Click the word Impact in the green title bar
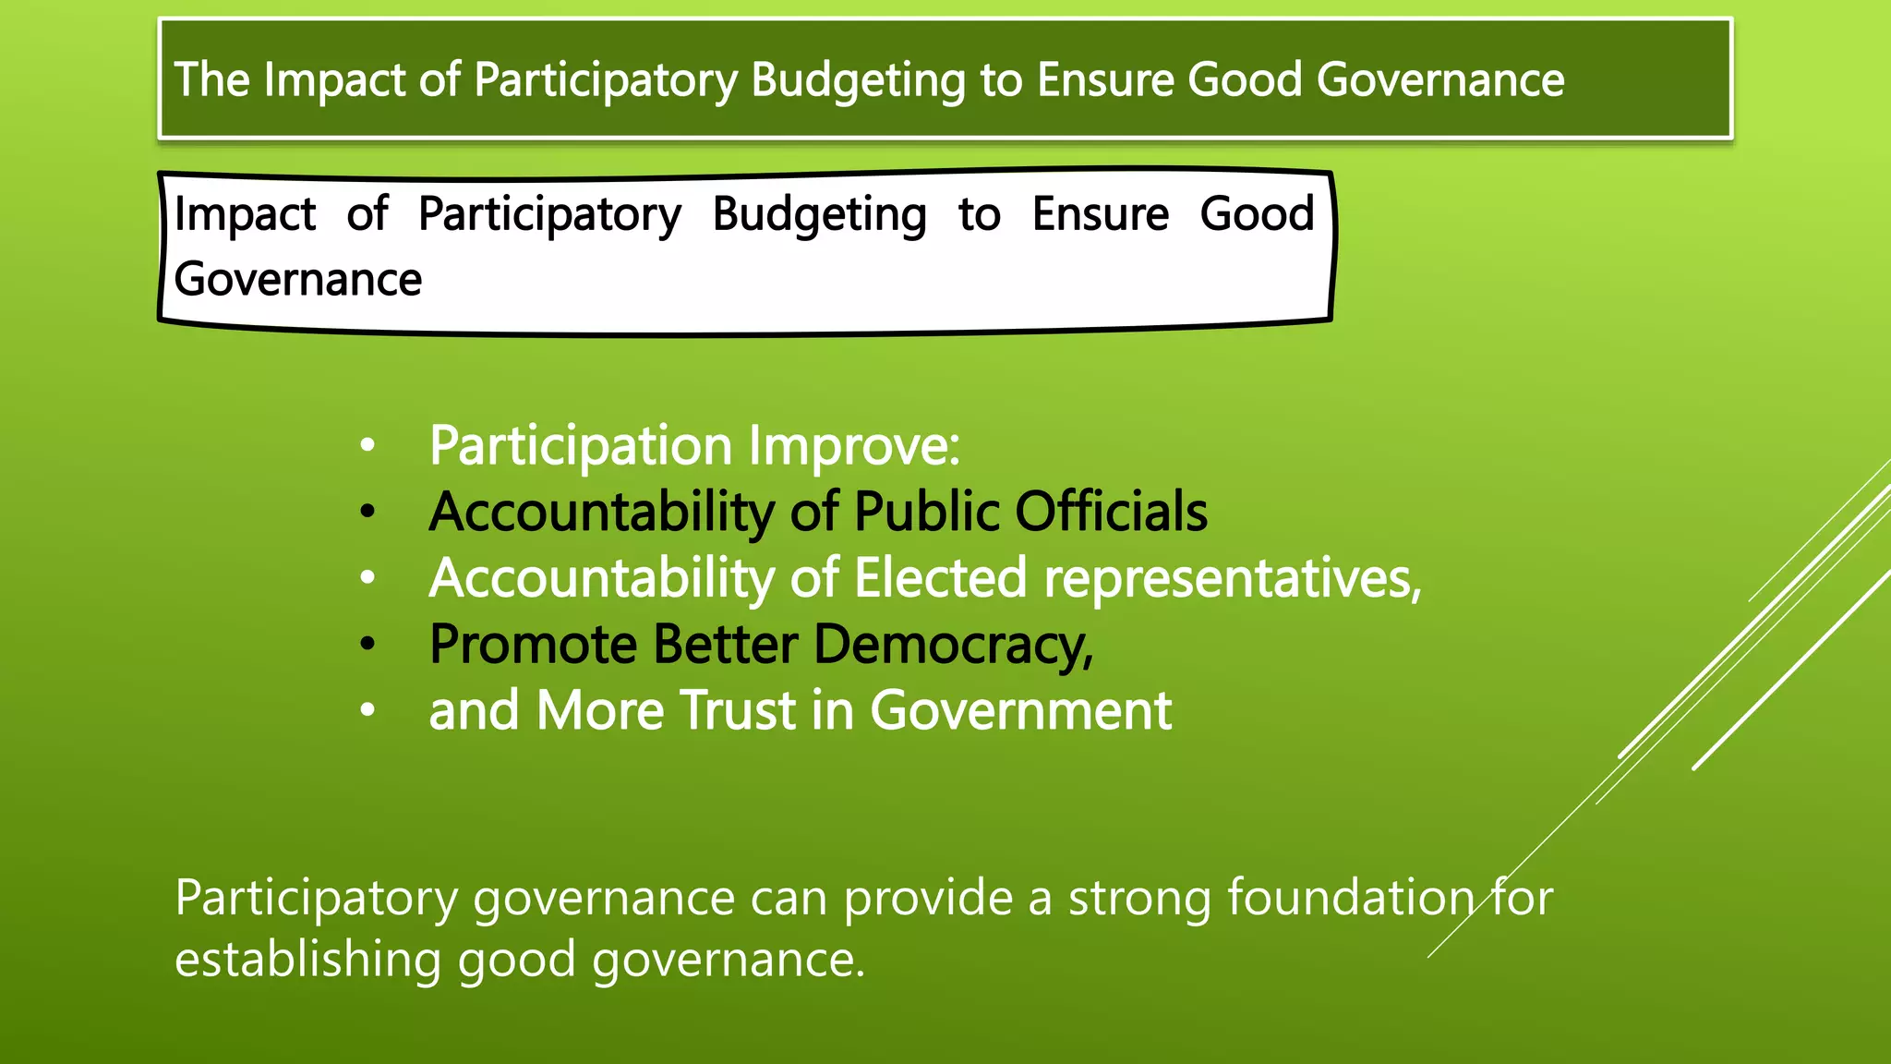tap(334, 79)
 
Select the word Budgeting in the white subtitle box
tap(819, 215)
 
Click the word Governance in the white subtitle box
tap(297, 279)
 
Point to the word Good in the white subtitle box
tap(1257, 214)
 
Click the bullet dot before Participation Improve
tap(367, 446)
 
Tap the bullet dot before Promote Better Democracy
tap(367, 645)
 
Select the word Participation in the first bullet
tap(582, 446)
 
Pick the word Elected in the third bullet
tap(940, 578)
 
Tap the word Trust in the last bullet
tap(738, 710)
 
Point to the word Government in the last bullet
tap(1020, 710)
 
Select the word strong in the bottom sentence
tap(1139, 898)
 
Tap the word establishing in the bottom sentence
tap(308, 960)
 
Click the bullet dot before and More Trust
tap(367, 710)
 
